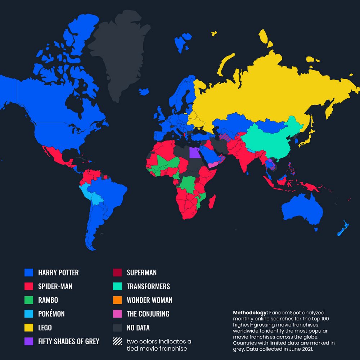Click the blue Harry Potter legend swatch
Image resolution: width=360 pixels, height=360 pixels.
[x=28, y=273]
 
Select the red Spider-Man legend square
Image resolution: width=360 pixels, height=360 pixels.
[x=28, y=287]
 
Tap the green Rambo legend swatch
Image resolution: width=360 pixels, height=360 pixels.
[x=28, y=300]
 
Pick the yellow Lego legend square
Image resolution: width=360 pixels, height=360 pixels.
[x=28, y=328]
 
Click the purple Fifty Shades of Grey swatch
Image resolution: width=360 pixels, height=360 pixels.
[x=28, y=341]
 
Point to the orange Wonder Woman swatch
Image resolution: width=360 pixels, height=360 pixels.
[x=118, y=300]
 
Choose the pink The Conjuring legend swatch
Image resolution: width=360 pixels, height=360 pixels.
[x=118, y=314]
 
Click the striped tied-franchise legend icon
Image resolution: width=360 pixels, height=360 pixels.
[x=118, y=341]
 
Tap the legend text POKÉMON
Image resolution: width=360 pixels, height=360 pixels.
[x=51, y=314]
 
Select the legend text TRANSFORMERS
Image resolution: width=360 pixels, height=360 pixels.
[x=148, y=287]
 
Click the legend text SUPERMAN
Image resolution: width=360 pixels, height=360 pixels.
[x=141, y=273]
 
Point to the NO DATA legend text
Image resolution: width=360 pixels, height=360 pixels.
[x=138, y=328]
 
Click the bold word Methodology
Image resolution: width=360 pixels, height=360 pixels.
[x=250, y=312]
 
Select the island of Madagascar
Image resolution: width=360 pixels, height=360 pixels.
[x=213, y=201]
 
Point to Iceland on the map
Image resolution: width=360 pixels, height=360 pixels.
[x=144, y=92]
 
